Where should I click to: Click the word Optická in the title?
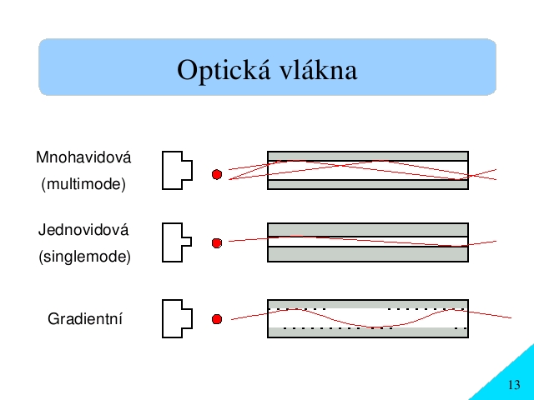click(x=224, y=70)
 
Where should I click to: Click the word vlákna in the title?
click(x=319, y=69)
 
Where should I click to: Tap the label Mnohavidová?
click(x=83, y=157)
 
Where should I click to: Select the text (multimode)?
click(x=83, y=184)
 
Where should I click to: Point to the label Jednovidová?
click(x=83, y=230)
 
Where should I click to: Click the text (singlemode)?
click(x=84, y=257)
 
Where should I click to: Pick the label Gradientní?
click(x=85, y=319)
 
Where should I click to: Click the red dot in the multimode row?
click(x=217, y=174)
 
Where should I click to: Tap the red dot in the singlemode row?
click(x=217, y=243)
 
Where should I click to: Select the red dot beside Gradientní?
click(x=217, y=319)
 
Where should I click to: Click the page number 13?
click(x=514, y=385)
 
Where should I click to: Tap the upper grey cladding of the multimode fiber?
click(x=368, y=156)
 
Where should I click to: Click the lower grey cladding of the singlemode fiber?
click(x=368, y=254)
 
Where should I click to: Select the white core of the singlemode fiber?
click(x=368, y=242)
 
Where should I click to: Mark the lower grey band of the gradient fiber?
click(x=368, y=332)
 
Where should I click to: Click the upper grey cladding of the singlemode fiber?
click(x=368, y=230)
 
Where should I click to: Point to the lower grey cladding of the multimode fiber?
click(x=368, y=185)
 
